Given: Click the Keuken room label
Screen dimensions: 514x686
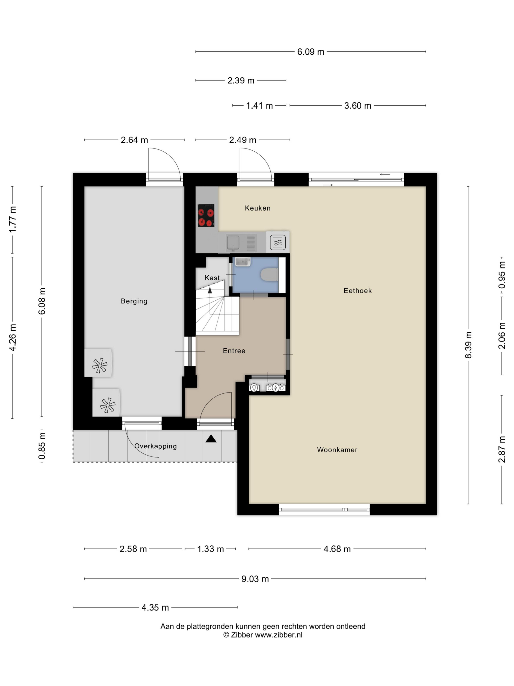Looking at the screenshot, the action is coord(257,208).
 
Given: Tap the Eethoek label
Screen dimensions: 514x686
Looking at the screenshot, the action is coord(358,291).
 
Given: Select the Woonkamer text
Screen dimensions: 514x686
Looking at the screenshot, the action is coord(337,450).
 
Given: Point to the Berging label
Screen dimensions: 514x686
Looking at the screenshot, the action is coord(134,301).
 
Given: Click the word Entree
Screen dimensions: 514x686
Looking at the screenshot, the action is coord(234,351).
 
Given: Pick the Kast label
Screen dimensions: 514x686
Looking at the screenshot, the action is coord(212,278).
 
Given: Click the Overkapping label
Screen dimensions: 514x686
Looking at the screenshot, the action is coord(155,446).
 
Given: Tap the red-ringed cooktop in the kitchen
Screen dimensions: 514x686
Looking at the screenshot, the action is coord(206,215).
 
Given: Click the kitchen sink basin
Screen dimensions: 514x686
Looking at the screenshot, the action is coord(233,243).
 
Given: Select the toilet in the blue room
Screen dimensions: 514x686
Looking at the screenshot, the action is coord(269,274).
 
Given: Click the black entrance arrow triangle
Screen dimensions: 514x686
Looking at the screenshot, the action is coord(211,439).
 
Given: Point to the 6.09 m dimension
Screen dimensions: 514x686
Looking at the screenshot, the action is coord(310,52).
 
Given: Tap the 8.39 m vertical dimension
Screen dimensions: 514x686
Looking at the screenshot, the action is coord(468,345).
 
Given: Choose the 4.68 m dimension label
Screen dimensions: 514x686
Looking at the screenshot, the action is coord(337,549).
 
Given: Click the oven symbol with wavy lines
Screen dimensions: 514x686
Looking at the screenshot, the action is coord(278,243).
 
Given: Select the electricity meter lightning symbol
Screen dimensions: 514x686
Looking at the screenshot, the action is coord(275,388).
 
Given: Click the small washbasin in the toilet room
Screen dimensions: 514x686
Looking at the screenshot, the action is coord(243,262).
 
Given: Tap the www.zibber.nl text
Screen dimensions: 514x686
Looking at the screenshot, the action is coord(279,635).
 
